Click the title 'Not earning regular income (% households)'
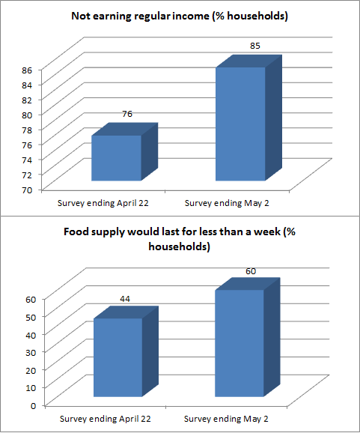180,16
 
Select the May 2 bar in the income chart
240,124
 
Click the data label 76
126,115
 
